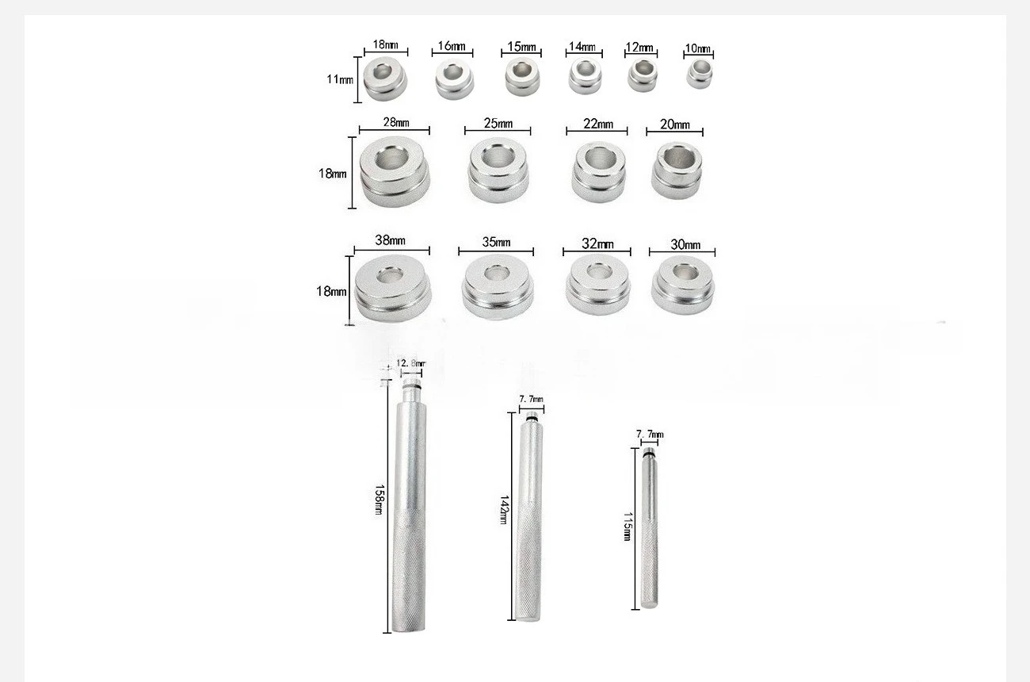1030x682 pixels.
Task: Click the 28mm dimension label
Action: click(396, 122)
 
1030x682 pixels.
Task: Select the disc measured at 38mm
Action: click(393, 288)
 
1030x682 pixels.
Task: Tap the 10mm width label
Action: click(697, 48)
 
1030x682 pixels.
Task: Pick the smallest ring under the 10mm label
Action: click(700, 74)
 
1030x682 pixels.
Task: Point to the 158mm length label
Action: click(380, 500)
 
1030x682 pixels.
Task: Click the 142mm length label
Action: click(504, 510)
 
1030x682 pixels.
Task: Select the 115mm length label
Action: click(628, 527)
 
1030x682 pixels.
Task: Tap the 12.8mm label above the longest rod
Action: click(410, 363)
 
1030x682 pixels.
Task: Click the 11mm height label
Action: click(340, 79)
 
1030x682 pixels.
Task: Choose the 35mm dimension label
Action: click(496, 242)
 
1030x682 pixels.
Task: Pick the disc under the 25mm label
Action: click(498, 170)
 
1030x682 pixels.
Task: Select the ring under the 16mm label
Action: click(454, 79)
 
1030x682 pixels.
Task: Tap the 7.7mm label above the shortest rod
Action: click(650, 434)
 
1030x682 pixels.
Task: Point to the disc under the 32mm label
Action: click(597, 284)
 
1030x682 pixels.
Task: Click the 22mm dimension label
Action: click(598, 124)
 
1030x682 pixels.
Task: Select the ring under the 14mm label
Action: click(585, 76)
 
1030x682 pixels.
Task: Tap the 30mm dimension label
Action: click(685, 244)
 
